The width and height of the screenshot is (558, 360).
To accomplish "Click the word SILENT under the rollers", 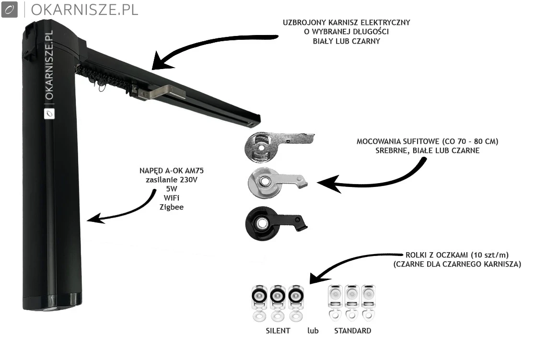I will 278,331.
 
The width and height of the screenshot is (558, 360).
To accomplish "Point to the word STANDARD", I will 352,331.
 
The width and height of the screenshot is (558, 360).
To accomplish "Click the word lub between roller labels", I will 313,331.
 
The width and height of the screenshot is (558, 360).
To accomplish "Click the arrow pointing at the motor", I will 120,211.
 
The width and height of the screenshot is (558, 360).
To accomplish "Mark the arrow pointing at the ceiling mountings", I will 369,180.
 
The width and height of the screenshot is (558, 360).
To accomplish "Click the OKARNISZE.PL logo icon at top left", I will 10,10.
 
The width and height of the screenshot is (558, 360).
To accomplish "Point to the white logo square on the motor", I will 48,113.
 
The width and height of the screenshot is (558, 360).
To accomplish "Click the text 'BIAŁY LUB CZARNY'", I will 346,41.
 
